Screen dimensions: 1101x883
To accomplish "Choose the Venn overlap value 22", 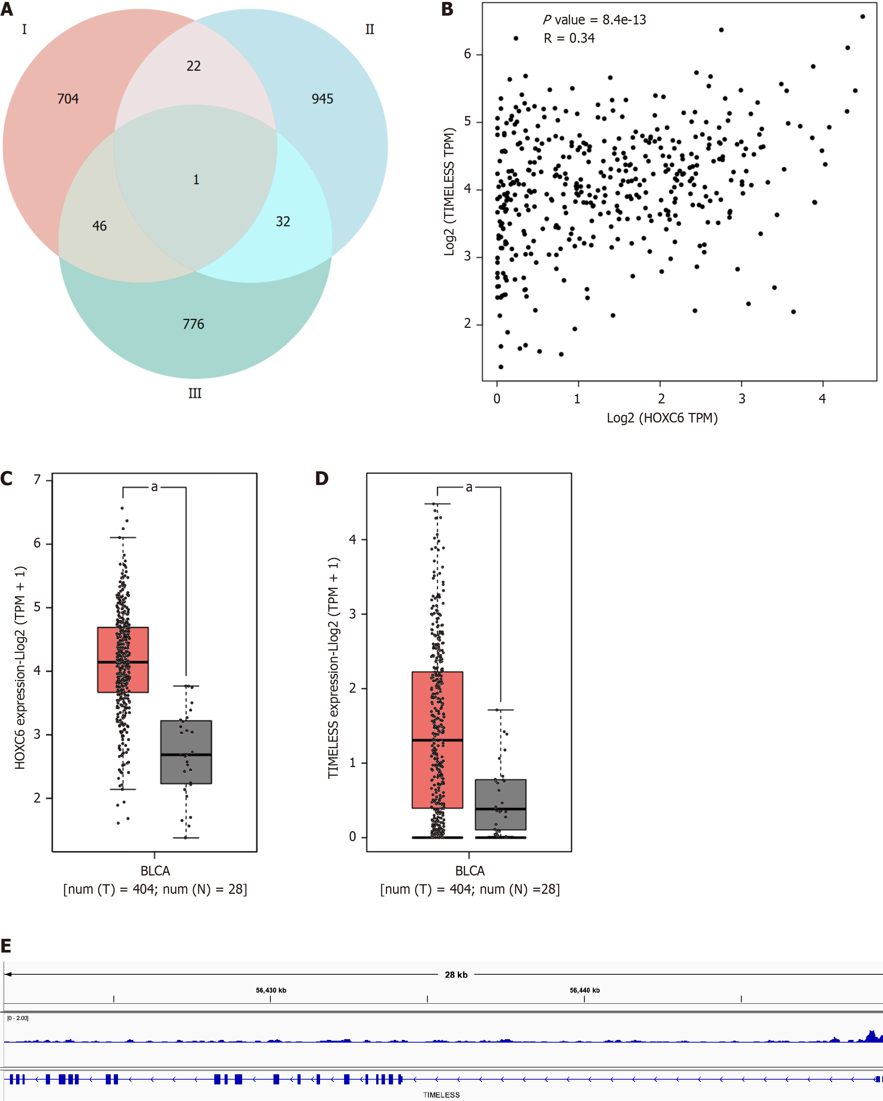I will point(194,66).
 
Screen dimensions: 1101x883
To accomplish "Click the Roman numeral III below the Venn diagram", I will point(195,393).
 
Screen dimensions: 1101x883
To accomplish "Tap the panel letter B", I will point(447,9).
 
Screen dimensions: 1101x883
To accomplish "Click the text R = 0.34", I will point(569,38).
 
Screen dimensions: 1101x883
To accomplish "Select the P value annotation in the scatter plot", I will point(594,20).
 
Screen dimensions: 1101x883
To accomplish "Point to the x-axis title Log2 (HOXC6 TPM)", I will point(662,418).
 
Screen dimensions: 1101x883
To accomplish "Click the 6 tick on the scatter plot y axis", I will point(467,54).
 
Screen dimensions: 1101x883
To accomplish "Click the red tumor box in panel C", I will point(123,659).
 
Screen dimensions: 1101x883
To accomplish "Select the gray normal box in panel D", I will point(500,804).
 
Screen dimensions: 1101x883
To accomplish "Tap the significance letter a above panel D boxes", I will point(469,487).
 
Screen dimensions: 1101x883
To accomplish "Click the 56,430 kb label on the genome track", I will point(271,990).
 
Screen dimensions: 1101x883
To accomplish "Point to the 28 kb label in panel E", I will point(456,974).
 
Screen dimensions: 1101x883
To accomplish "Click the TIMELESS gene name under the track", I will point(441,1095).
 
